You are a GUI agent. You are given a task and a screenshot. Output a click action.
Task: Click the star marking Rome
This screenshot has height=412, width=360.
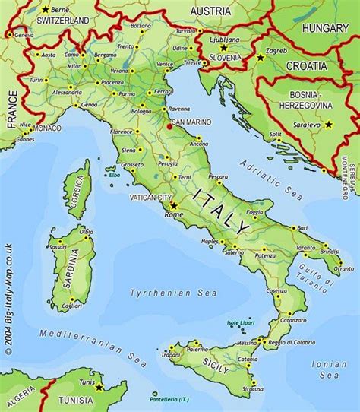tap(173, 205)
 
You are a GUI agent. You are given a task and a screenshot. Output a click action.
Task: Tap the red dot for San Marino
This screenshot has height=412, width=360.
tap(169, 128)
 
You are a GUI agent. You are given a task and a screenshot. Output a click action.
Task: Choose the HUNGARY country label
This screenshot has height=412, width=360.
tap(325, 28)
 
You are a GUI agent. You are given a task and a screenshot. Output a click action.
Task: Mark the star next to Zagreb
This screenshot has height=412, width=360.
tap(261, 57)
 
